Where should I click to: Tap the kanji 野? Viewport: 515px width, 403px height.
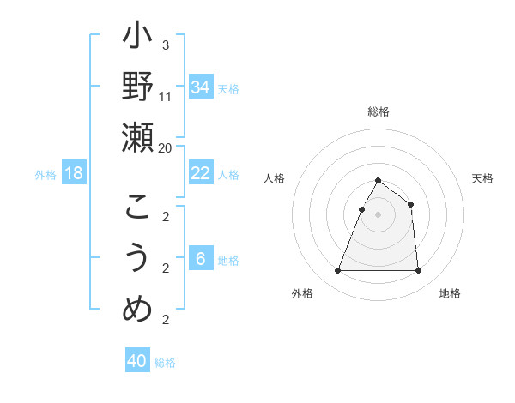pos(138,87)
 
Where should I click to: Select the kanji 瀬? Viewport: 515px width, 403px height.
pos(138,136)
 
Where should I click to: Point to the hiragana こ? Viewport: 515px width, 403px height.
pos(138,208)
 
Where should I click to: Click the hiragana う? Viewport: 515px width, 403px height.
pos(138,258)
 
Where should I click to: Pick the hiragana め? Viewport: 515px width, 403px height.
pos(138,308)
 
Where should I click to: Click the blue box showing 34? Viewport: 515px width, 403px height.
pos(200,87)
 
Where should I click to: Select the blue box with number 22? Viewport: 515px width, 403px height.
pos(200,173)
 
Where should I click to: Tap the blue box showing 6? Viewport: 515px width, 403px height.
pos(200,259)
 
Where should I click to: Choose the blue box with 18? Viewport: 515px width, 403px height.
pos(74,173)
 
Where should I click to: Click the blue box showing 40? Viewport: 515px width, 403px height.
pos(137,361)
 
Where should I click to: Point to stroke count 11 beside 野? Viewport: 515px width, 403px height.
pos(166,97)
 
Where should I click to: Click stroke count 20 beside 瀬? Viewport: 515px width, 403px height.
pos(166,147)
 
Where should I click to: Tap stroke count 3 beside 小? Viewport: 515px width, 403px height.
pos(166,45)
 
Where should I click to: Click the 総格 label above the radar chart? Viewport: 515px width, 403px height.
pos(379,112)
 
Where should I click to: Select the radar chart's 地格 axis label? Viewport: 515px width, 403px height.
pos(450,293)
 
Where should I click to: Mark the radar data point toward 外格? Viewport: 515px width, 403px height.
pos(337,271)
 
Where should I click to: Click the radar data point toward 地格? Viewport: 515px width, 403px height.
pos(418,271)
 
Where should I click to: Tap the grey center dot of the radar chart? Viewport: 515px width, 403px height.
pos(378,214)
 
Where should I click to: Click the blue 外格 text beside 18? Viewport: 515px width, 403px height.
pos(45,174)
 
